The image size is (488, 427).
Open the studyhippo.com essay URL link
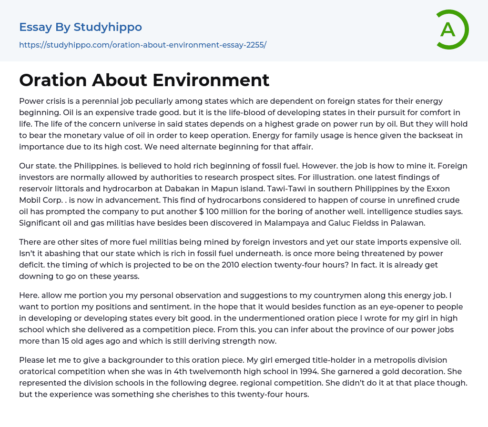(142, 45)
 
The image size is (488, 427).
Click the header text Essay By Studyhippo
(81, 27)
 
